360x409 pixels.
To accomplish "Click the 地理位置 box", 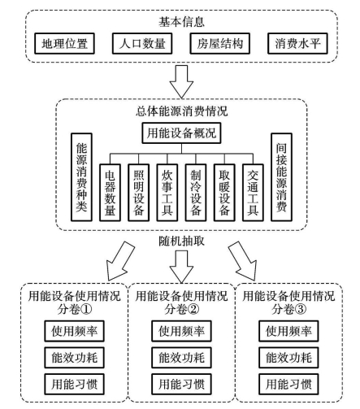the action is point(64,43).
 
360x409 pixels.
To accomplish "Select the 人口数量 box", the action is point(142,43).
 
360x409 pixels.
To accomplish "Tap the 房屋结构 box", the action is point(219,43).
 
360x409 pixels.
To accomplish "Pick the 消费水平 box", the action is point(297,43).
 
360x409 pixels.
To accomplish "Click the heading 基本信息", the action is point(181,22).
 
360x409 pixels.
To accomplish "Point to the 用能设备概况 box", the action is point(181,133).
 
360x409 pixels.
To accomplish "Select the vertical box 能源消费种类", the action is point(81,177).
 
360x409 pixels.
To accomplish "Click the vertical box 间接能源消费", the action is point(281,177).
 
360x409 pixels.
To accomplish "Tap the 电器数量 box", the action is point(110,193).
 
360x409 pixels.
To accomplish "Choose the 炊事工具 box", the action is point(167,193).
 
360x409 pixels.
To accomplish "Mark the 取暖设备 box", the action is point(224,193).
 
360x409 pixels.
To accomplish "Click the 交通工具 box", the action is point(253,193).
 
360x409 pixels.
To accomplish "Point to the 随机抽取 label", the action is point(181,241).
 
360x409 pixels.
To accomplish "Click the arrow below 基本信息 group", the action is point(181,81).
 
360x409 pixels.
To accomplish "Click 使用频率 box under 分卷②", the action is point(181,331).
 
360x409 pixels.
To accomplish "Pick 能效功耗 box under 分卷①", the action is point(74,358).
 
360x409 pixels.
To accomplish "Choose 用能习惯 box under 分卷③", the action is point(288,384).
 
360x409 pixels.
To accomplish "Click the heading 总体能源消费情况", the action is point(181,111).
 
